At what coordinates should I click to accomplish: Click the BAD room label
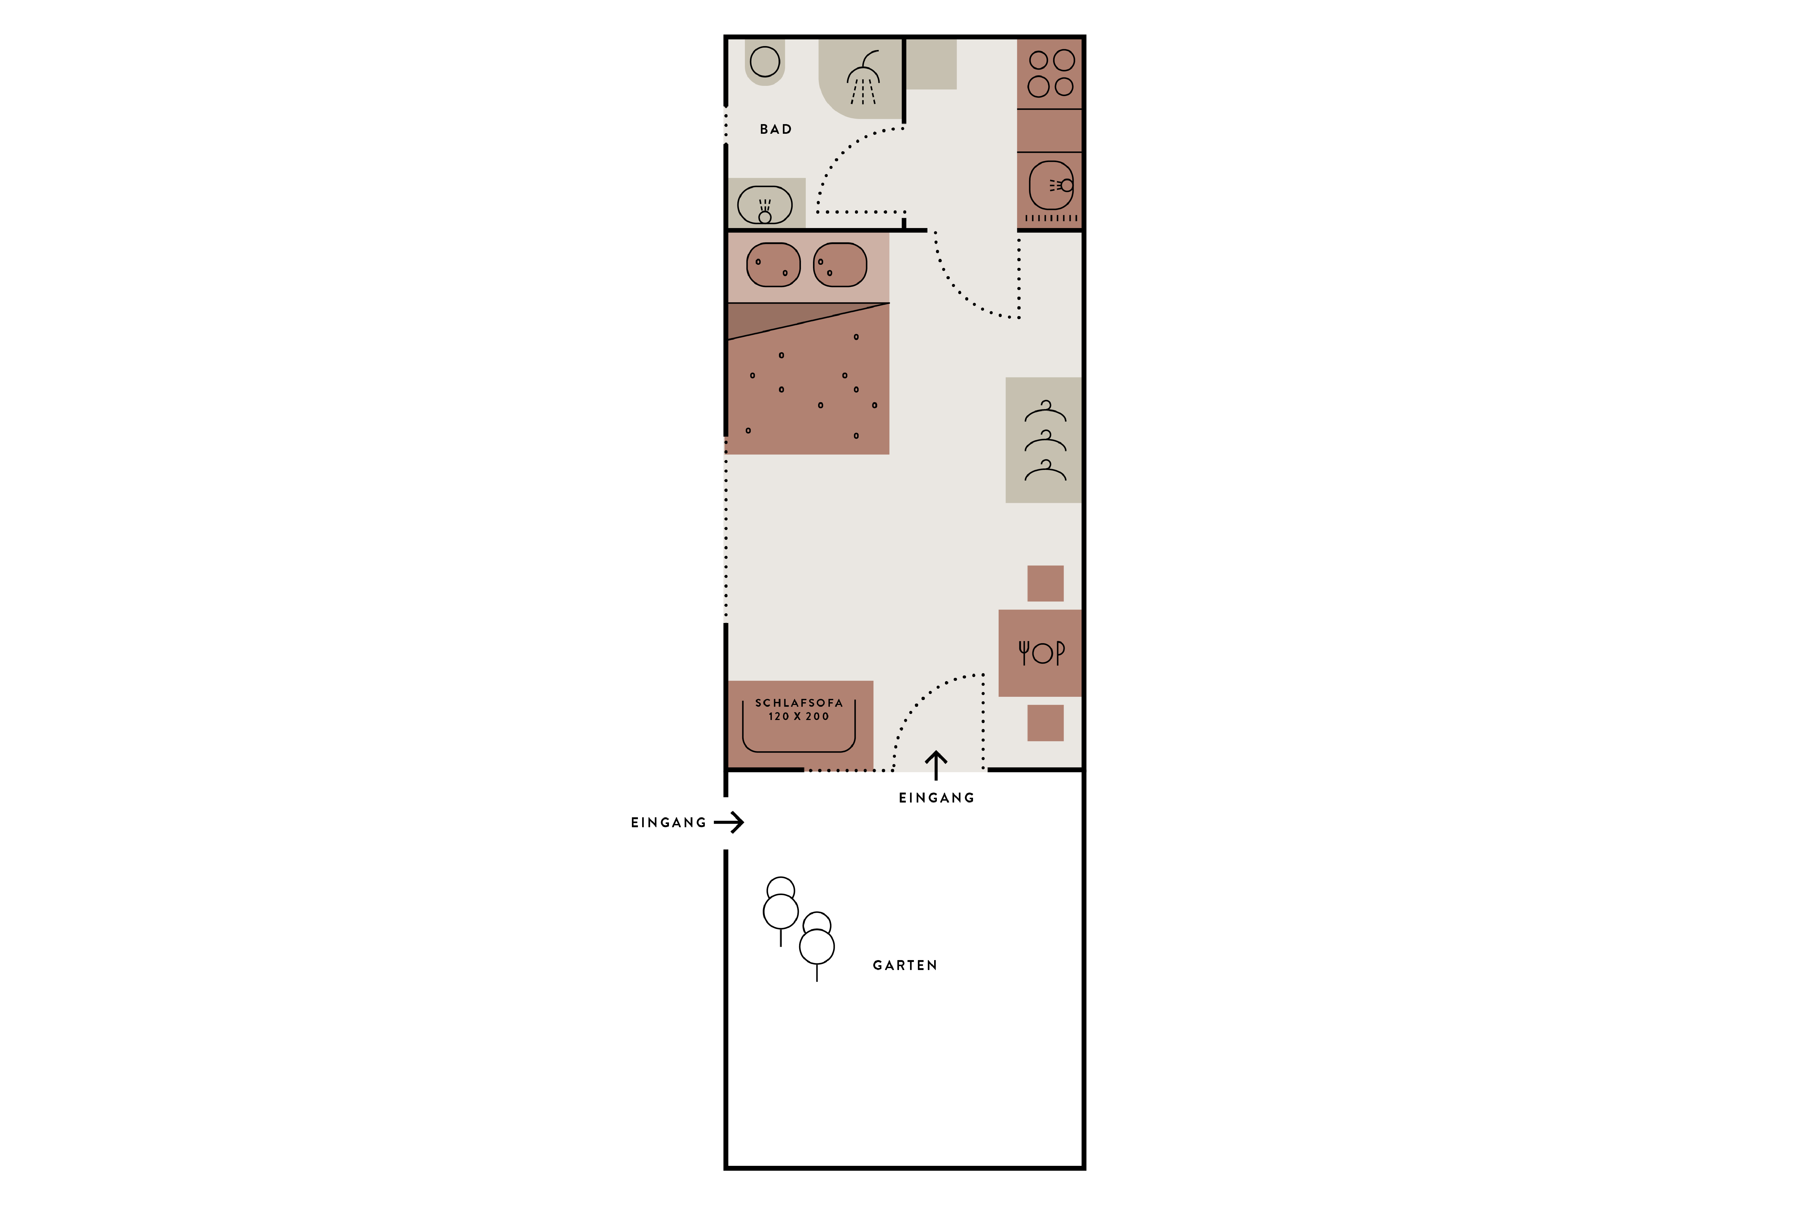point(776,129)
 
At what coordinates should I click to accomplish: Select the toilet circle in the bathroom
point(765,61)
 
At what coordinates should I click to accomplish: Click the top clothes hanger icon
point(1045,411)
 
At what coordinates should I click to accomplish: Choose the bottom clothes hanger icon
point(1045,470)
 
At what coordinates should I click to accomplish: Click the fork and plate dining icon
point(1042,653)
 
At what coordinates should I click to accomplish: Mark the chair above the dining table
point(1045,583)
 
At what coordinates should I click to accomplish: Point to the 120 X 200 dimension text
point(799,716)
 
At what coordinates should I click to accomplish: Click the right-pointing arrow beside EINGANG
point(729,822)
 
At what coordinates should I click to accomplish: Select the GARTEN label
point(905,965)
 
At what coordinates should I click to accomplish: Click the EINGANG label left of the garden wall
point(668,822)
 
